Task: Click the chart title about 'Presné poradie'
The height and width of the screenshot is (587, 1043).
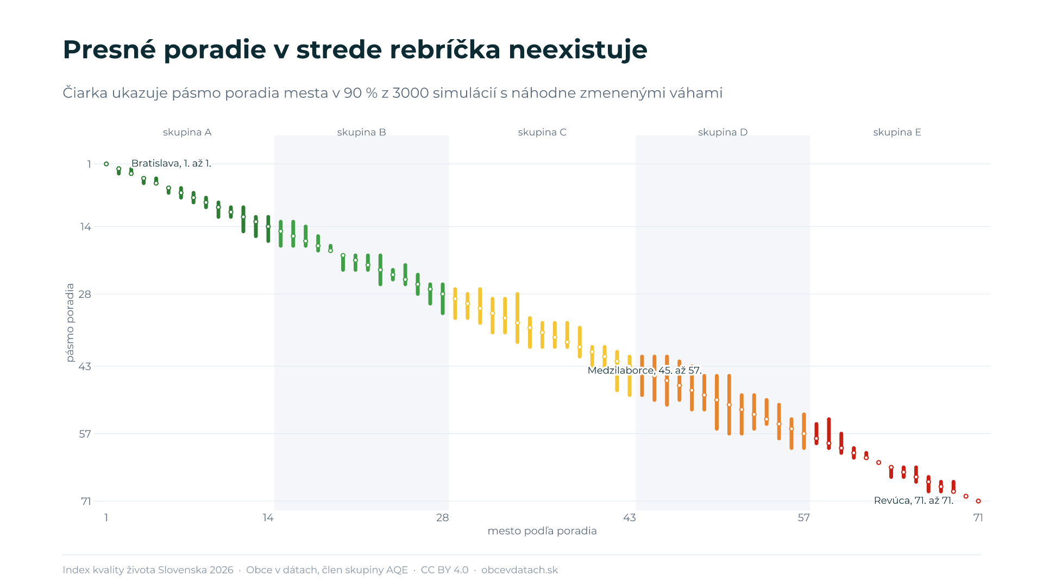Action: pos(355,49)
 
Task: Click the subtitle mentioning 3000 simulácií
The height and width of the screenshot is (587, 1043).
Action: pos(393,93)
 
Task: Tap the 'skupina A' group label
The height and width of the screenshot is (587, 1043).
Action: pos(187,132)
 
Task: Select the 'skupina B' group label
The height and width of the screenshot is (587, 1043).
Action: pos(361,132)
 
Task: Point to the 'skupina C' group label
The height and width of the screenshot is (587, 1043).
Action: pos(542,132)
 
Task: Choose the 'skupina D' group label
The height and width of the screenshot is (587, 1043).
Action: pos(722,132)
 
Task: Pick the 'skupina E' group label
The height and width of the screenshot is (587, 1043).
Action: pos(897,132)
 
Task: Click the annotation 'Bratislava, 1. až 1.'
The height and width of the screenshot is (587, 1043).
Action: pos(171,163)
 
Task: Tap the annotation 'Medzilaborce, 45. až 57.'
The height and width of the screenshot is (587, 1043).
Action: pos(644,370)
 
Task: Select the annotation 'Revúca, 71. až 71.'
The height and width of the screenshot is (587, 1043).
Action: pos(914,501)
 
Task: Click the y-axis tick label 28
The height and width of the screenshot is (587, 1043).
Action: pos(85,294)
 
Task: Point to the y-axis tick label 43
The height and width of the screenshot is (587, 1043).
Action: pos(85,366)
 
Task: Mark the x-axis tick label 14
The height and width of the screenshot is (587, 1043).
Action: pos(268,517)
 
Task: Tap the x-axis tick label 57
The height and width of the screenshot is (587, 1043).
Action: pos(803,517)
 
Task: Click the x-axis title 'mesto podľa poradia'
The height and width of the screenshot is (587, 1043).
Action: pos(542,531)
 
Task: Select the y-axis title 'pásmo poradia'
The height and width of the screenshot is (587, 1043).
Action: pos(70,322)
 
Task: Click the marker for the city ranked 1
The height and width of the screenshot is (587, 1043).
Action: pos(106,164)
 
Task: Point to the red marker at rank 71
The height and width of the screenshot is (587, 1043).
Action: pos(978,501)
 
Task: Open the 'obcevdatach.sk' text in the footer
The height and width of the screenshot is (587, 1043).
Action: pos(519,570)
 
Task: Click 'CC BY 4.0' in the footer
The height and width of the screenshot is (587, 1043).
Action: pos(444,570)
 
